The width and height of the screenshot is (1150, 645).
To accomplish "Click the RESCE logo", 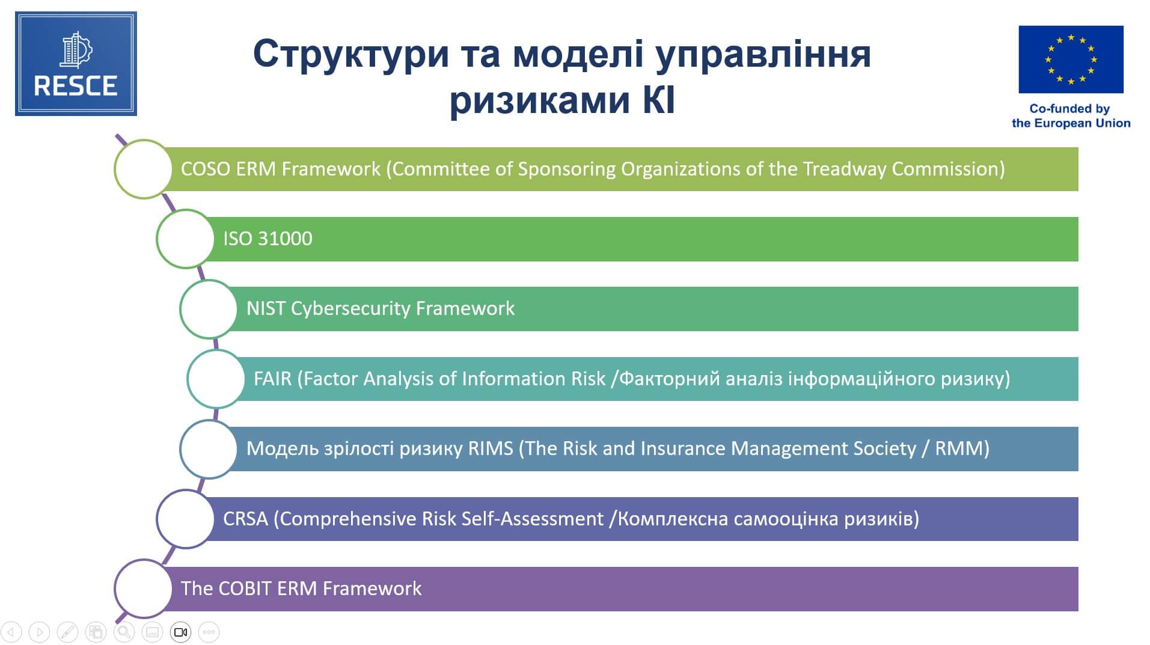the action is tap(76, 64).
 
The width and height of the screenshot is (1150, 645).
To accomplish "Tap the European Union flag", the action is tap(1071, 60).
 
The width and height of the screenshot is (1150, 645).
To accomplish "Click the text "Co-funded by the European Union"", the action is tap(1071, 116).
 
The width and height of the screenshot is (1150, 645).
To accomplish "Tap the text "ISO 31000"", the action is tap(268, 239).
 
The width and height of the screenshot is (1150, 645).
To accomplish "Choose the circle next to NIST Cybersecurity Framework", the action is tap(180, 309).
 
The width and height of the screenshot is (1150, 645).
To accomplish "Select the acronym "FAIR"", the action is tap(272, 379).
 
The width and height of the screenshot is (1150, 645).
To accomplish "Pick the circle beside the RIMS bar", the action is tap(180, 449).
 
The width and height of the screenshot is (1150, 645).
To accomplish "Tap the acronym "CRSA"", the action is tap(245, 519).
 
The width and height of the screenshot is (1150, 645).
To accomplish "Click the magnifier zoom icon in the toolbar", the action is tap(124, 632).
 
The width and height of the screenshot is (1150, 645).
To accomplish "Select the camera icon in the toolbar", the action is tap(180, 632).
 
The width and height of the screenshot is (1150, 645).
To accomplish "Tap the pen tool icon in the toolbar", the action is tap(67, 632).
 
